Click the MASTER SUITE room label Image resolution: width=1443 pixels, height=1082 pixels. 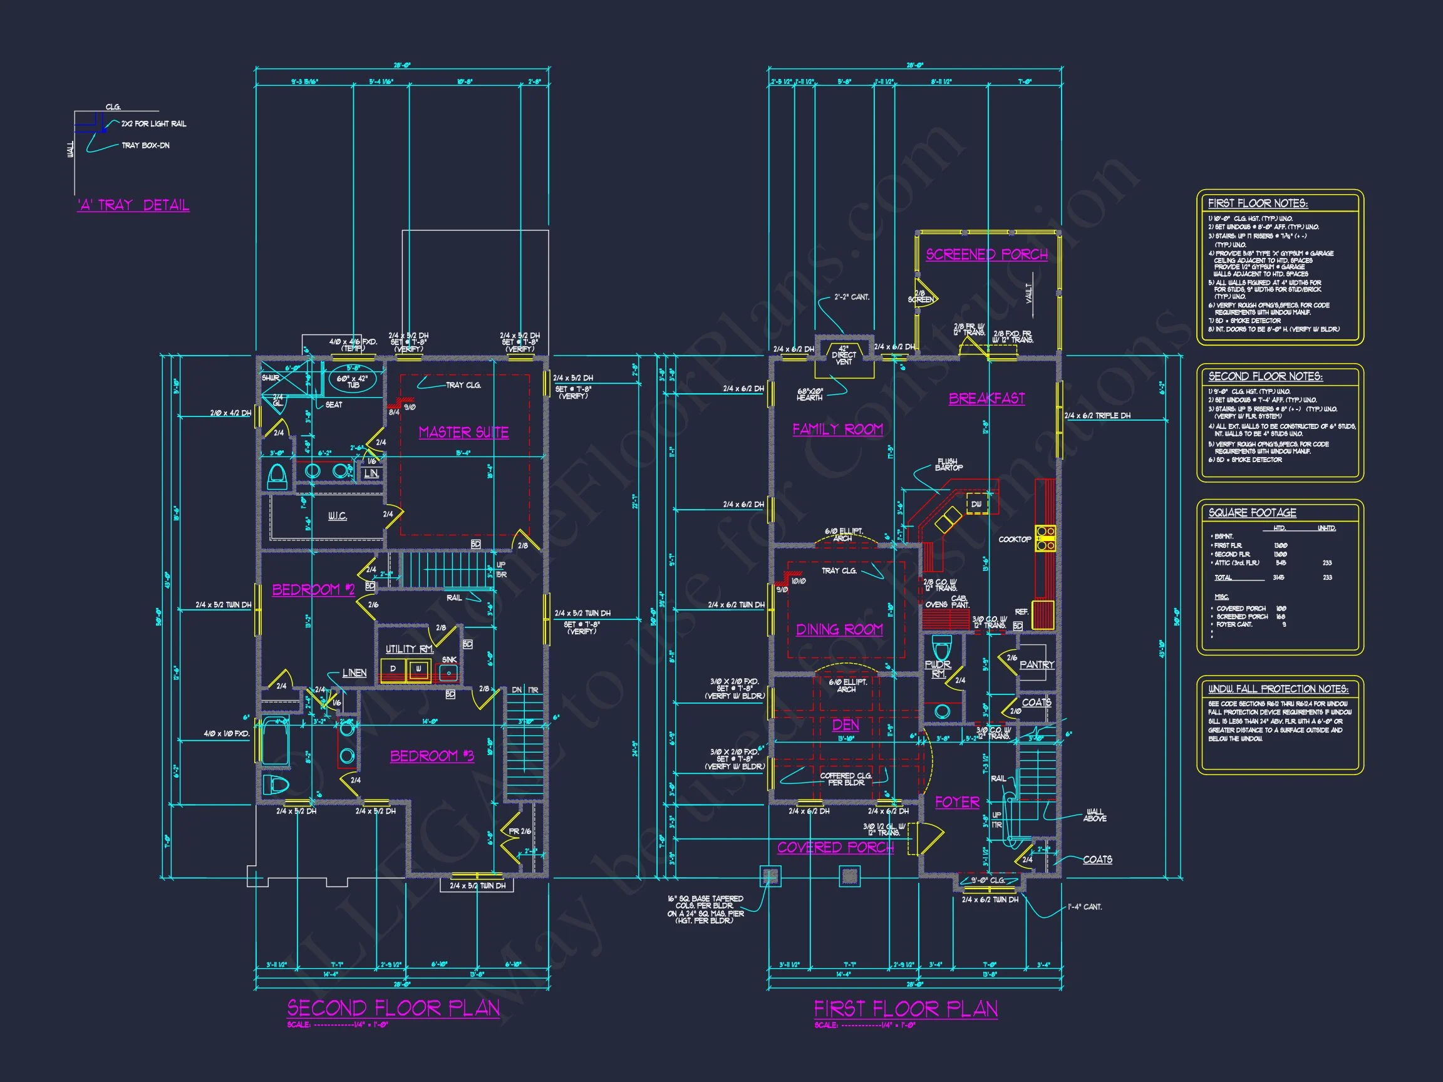pos(463,433)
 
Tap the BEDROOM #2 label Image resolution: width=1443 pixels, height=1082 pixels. pos(313,590)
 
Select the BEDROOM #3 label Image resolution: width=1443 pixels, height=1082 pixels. pos(432,756)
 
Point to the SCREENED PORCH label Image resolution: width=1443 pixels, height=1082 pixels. pos(986,254)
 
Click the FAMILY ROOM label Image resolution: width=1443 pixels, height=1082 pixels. pos(837,429)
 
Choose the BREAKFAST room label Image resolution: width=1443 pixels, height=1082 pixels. pos(986,398)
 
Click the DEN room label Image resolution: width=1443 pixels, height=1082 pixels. pos(846,725)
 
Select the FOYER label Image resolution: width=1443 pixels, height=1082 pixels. pos(957,802)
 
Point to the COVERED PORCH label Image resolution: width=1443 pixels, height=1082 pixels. pos(835,847)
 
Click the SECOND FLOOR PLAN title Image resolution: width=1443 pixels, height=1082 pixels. pos(393,1008)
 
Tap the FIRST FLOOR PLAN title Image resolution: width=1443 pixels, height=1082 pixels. pos(906,1009)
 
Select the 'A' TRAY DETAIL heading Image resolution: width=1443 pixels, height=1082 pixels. pos(133,205)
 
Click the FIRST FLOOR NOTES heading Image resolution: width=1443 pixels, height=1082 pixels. pos(1257,204)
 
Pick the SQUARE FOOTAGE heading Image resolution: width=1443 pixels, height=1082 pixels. pos(1252,513)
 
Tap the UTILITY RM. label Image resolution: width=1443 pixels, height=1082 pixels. pos(409,649)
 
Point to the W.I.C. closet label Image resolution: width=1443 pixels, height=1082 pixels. pos(338,517)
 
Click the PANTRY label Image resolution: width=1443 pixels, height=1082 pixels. pos(1037,664)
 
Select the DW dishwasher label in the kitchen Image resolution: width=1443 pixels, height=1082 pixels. pos(976,504)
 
